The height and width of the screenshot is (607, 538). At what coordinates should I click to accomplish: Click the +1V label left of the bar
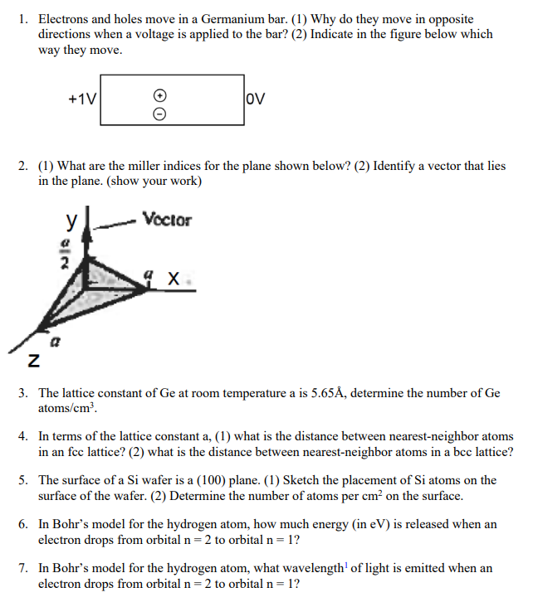coord(82,100)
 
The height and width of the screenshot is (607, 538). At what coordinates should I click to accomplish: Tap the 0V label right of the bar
coord(257,100)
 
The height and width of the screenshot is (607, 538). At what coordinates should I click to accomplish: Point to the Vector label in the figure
coord(167,221)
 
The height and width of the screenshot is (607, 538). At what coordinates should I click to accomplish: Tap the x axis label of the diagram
coord(173,280)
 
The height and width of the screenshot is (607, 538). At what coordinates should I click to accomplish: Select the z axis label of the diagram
coord(32,362)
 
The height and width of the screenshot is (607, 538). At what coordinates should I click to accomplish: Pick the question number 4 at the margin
coord(23,436)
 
